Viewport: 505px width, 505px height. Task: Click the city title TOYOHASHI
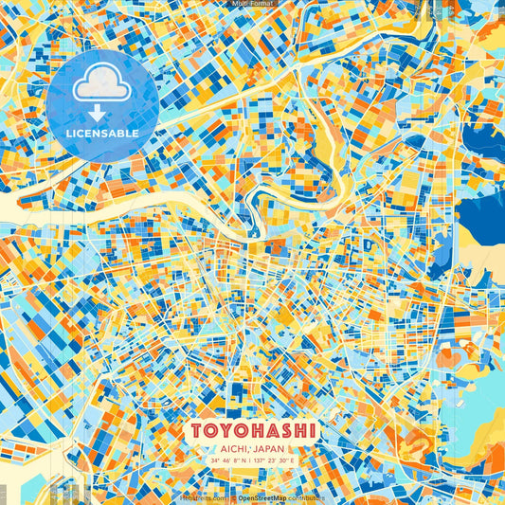pos(252,430)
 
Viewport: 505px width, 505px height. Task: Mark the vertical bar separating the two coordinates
pos(250,461)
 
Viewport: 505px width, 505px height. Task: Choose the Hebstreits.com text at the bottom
pos(204,497)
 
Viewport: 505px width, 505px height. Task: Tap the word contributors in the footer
pos(307,497)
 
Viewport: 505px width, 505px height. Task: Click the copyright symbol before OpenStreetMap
pos(233,497)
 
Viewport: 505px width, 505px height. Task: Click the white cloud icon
pos(100,83)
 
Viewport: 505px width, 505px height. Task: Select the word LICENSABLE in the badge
pos(101,134)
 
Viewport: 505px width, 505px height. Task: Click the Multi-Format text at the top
pos(251,4)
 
